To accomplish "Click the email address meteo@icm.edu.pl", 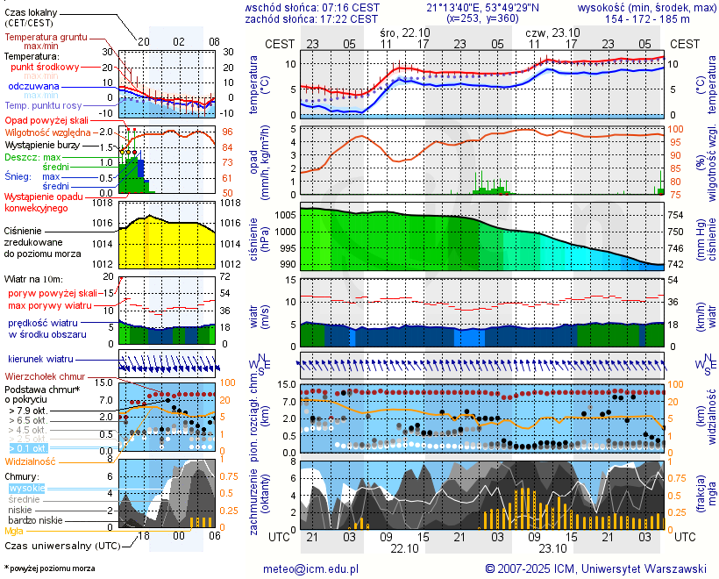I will (311, 568).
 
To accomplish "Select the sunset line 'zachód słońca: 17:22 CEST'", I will (312, 18).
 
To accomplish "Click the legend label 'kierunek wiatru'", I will (40, 360).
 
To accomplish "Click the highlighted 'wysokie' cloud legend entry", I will (26, 487).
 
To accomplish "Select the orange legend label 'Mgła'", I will (14, 531).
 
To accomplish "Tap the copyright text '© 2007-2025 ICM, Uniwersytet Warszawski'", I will (595, 568).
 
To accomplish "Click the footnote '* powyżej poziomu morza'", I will (50, 568).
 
